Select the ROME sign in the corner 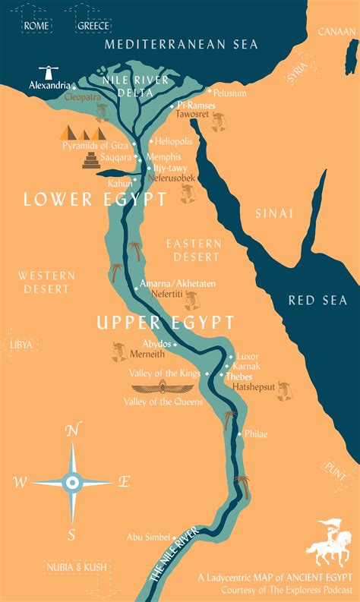click(x=36, y=25)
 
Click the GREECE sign click(x=93, y=25)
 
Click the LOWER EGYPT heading click(x=95, y=200)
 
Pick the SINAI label click(x=273, y=213)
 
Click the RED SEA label click(x=317, y=301)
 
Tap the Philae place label click(x=256, y=434)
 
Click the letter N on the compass click(x=72, y=430)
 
